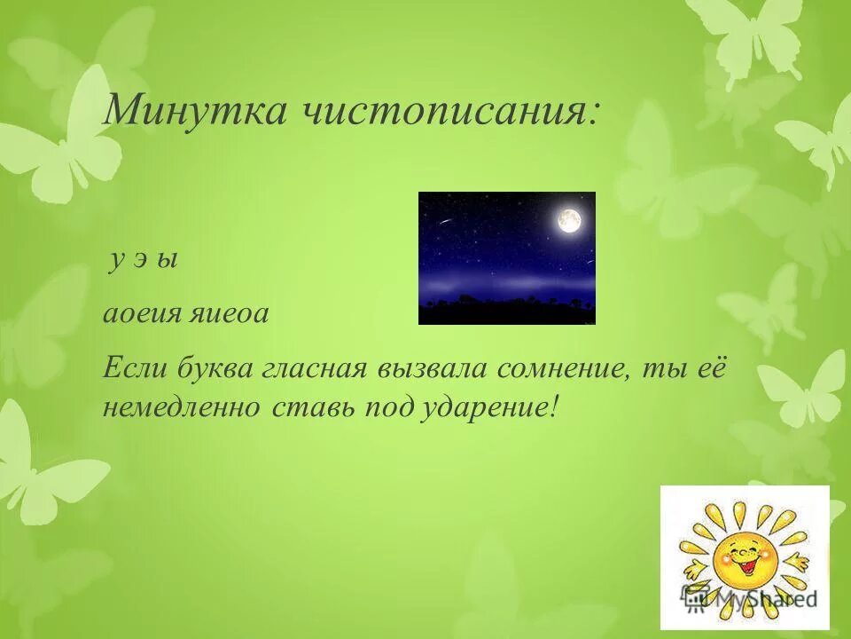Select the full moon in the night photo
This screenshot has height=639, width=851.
point(569,221)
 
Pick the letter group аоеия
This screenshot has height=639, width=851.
point(140,314)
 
